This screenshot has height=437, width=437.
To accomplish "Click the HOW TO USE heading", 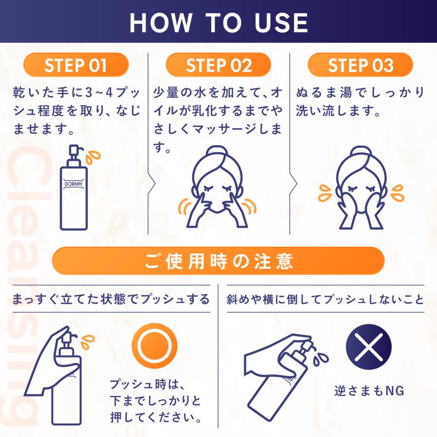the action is (x=219, y=23).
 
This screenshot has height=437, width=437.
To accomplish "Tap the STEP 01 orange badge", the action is (x=76, y=65).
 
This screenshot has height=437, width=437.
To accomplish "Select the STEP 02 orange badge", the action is (x=218, y=65).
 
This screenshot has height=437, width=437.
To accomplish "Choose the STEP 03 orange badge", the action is (x=360, y=65).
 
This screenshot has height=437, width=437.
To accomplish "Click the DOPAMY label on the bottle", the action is (x=73, y=184).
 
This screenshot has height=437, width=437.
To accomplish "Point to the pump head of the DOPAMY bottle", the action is (x=75, y=151).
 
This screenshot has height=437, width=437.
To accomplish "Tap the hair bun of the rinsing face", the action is (x=361, y=153).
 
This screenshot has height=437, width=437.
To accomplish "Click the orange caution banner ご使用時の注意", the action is (x=218, y=261).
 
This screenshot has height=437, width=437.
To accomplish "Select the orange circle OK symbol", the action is (x=154, y=346).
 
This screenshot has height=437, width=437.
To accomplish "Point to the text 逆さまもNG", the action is (x=370, y=391).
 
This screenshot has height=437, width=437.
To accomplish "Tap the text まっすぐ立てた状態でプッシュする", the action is (x=111, y=299).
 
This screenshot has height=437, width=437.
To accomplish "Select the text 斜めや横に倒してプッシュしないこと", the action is (x=325, y=299).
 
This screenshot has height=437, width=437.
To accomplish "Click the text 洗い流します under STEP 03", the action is (x=338, y=111).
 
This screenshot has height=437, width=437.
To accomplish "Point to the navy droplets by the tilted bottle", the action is (x=320, y=358).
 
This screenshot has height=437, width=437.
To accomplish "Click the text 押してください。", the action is (x=156, y=417).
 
